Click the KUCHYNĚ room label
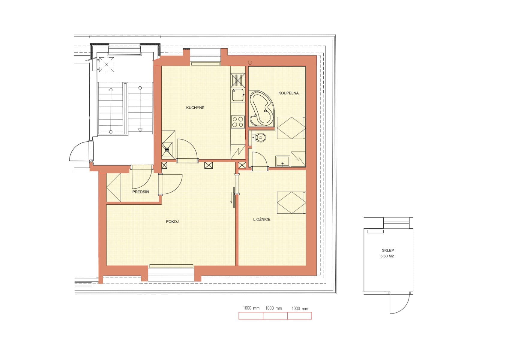click(195, 108)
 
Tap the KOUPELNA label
click(288, 93)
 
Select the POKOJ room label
click(172, 222)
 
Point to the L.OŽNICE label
click(262, 219)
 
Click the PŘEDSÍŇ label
click(140, 192)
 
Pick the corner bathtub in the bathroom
click(261, 109)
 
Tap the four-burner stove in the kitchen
click(238, 122)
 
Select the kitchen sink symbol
click(238, 95)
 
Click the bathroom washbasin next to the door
click(282, 161)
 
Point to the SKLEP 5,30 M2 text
click(387, 253)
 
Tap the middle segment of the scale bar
click(275, 316)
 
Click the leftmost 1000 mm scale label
click(251, 308)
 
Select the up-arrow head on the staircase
click(111, 89)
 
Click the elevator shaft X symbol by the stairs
click(106, 64)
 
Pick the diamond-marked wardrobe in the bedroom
click(291, 203)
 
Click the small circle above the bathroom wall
click(250, 63)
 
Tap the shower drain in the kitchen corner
click(167, 149)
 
